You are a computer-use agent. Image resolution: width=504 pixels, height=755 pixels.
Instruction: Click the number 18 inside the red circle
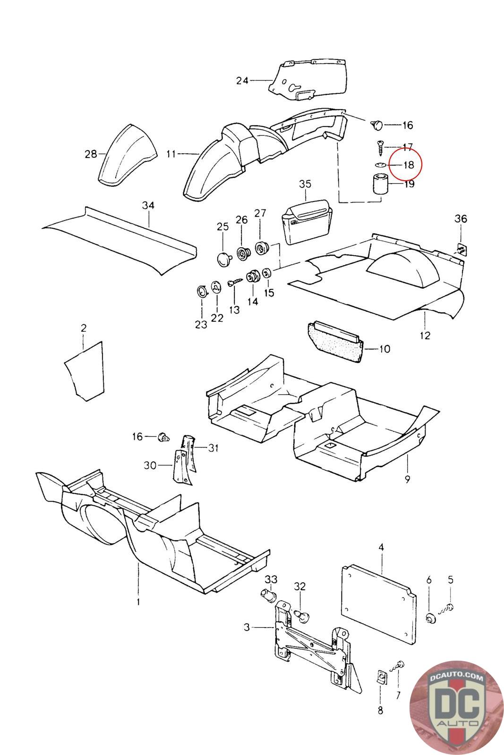408,165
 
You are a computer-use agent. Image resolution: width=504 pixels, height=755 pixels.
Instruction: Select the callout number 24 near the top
242,81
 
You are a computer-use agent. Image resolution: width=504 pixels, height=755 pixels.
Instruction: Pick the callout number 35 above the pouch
305,183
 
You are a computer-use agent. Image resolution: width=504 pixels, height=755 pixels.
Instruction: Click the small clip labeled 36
460,248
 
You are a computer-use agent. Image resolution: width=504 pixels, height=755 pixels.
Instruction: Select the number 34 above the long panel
148,205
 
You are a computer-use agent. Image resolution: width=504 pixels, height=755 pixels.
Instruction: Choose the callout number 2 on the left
84,328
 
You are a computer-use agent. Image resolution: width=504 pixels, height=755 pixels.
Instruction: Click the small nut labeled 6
430,619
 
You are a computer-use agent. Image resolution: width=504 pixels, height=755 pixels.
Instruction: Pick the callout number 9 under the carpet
407,479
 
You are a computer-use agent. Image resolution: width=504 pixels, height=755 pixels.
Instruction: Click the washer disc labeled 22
216,287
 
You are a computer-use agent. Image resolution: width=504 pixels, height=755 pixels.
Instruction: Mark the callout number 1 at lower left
138,602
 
